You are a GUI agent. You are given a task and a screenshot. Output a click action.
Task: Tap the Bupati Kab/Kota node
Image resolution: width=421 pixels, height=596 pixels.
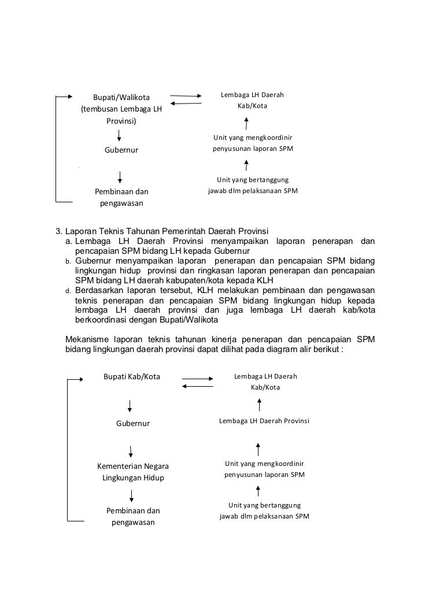click(132, 377)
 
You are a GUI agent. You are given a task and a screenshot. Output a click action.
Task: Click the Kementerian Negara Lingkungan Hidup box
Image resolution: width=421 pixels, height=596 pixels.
click(133, 472)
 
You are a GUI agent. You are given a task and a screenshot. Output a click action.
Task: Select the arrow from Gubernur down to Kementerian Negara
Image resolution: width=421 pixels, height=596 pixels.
click(131, 451)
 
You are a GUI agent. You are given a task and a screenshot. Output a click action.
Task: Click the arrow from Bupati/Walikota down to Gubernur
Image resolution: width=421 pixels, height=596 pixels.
click(119, 135)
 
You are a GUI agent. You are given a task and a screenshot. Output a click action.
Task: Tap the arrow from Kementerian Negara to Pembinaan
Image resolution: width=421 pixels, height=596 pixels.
click(132, 495)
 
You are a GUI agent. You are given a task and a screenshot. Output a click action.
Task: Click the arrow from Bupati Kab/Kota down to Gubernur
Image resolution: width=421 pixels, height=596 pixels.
click(130, 406)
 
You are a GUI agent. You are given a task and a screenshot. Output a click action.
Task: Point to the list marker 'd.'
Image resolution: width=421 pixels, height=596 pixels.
click(68, 290)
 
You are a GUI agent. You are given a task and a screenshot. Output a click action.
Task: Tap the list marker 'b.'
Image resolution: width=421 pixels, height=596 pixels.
click(68, 261)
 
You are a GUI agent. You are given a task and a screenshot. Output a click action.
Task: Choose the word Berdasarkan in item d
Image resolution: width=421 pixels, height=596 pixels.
click(100, 290)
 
